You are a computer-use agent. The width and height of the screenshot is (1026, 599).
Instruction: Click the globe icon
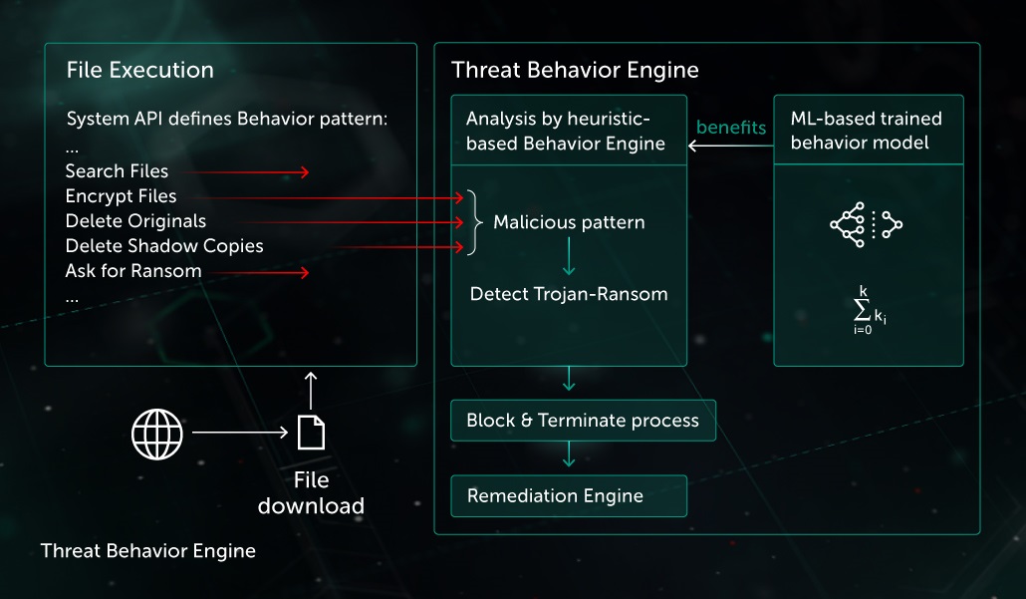coord(157,434)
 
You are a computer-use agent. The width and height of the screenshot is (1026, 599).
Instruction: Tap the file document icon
coord(311,434)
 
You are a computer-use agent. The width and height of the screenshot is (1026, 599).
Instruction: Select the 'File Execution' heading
coord(140,70)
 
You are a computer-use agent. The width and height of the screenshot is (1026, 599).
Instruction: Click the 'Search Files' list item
coord(117,171)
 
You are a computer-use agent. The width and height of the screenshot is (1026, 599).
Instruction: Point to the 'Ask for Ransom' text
coord(133,271)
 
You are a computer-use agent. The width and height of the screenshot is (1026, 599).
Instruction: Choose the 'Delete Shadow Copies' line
coord(164,246)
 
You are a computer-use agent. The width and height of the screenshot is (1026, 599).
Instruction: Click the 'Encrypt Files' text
coord(121,196)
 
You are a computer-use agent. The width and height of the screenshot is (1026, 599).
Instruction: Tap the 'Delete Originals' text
coord(135,221)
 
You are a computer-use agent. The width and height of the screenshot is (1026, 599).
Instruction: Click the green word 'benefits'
coord(731,128)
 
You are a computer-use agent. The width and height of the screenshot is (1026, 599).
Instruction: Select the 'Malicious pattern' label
coord(569,222)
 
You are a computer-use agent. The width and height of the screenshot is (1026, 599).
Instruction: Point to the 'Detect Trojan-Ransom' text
coord(569,294)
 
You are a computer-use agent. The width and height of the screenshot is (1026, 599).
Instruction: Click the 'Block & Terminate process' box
coord(583,421)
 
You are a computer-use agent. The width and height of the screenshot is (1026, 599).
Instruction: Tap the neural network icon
coord(867,224)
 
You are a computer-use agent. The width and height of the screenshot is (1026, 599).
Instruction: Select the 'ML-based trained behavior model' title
coord(867,131)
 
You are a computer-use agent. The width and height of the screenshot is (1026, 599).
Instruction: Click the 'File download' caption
coord(311,493)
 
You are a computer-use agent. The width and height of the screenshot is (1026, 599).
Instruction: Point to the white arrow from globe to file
coord(238,434)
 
